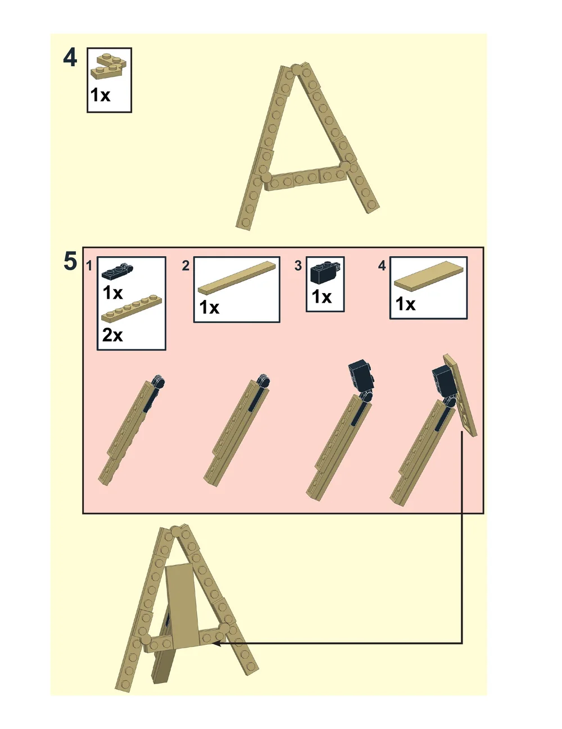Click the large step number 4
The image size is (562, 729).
coord(70,58)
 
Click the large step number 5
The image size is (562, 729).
coord(70,261)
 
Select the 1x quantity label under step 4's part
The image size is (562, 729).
coord(101,95)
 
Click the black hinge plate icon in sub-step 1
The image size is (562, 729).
coord(117,271)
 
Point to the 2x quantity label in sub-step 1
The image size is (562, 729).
coord(112,335)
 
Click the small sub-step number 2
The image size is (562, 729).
coord(185,265)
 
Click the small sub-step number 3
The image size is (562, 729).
coord(298,265)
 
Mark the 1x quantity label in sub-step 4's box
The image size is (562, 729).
coord(405,304)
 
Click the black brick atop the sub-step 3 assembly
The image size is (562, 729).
coord(360,375)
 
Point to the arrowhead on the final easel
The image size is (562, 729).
coord(217,643)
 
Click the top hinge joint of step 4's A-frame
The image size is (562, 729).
coord(297,70)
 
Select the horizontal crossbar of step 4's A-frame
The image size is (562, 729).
coord(306,177)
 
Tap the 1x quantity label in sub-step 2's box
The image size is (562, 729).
coord(209,308)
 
